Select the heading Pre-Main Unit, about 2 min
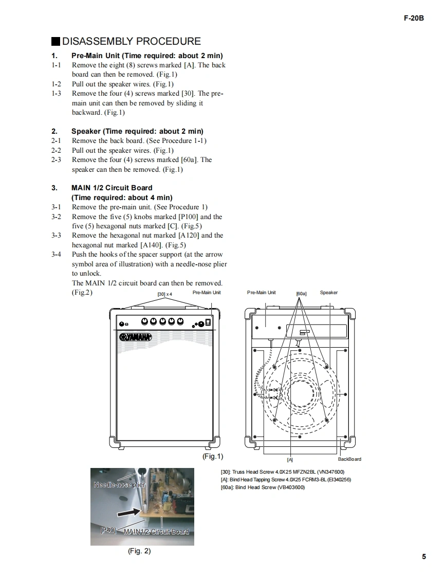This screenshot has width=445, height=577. click(147, 56)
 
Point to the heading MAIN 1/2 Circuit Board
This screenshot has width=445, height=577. click(112, 188)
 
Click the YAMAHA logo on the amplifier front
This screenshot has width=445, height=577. click(136, 337)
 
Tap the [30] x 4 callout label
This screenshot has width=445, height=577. click(164, 294)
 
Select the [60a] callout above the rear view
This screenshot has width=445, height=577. click(301, 294)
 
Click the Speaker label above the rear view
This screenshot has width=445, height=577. click(329, 293)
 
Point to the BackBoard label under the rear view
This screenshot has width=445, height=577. click(349, 459)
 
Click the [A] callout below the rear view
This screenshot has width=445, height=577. click(290, 459)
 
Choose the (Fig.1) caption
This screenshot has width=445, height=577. click(213, 456)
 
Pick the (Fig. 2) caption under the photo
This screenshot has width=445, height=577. click(139, 551)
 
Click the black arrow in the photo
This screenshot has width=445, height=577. click(128, 512)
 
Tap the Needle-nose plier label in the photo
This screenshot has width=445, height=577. click(120, 484)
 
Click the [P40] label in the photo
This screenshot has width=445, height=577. click(108, 530)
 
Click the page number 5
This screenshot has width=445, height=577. click(424, 556)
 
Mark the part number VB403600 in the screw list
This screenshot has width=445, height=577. click(291, 487)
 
